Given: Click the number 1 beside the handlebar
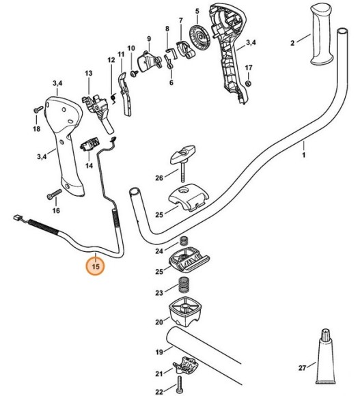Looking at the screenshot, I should pyautogui.click(x=304, y=155).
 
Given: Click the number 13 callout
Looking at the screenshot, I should pyautogui.click(x=88, y=74).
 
